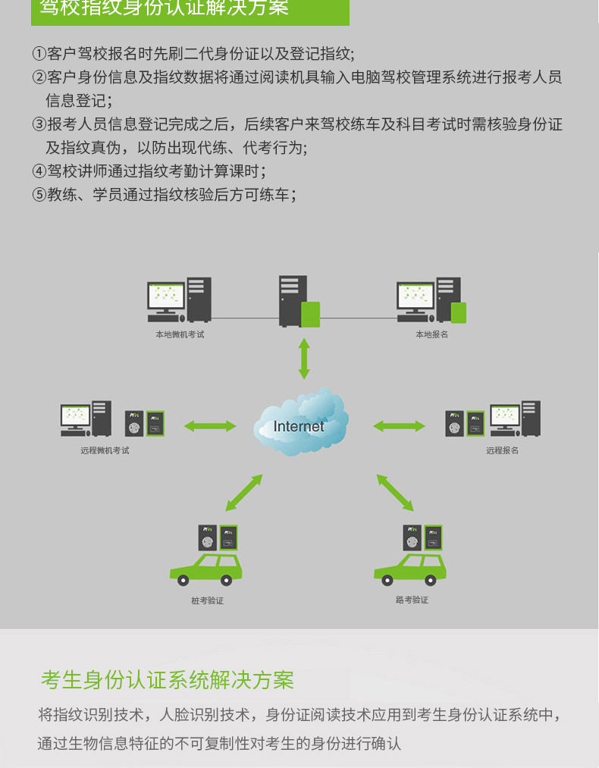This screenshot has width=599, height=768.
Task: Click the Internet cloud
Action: (x=300, y=422)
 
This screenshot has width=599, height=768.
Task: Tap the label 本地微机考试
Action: (x=180, y=334)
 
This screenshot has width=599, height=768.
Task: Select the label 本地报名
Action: (x=431, y=334)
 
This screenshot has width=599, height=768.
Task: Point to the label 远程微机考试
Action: (x=105, y=450)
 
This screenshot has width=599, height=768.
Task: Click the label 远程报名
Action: (x=502, y=450)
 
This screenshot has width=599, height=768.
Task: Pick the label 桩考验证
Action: (x=207, y=600)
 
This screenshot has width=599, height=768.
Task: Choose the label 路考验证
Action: (x=412, y=600)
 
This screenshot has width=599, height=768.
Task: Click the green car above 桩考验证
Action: (x=205, y=570)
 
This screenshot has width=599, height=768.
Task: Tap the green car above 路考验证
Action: (x=410, y=570)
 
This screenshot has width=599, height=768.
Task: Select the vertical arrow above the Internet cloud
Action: (x=304, y=359)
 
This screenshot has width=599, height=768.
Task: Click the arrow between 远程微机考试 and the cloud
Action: (x=209, y=426)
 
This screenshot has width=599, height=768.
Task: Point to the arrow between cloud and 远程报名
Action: (x=399, y=426)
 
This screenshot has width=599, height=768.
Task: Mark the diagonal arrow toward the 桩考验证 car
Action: (x=244, y=493)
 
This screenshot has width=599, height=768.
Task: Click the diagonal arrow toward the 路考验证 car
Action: (x=395, y=493)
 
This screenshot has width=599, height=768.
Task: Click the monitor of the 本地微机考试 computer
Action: (x=166, y=296)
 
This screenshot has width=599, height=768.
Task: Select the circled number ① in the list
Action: (x=39, y=53)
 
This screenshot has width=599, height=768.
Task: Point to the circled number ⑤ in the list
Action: (x=39, y=195)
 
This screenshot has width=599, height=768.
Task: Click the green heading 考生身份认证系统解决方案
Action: (x=168, y=680)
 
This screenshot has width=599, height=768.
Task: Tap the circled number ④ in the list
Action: (x=39, y=171)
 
